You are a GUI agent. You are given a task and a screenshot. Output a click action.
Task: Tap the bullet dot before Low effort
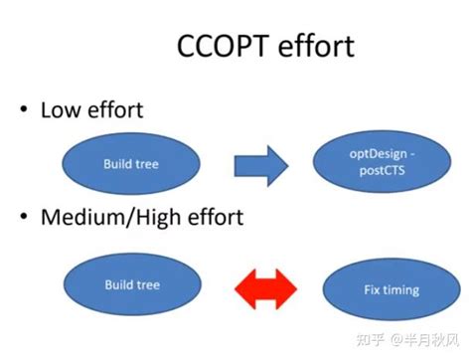[21, 110]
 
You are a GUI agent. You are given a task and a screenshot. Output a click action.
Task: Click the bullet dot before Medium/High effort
[21, 218]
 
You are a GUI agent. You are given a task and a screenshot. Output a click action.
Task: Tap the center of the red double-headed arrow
[264, 288]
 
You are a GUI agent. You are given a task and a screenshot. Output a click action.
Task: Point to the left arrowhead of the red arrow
[242, 288]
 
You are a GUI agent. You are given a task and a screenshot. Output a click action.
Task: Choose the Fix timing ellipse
[388, 290]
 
